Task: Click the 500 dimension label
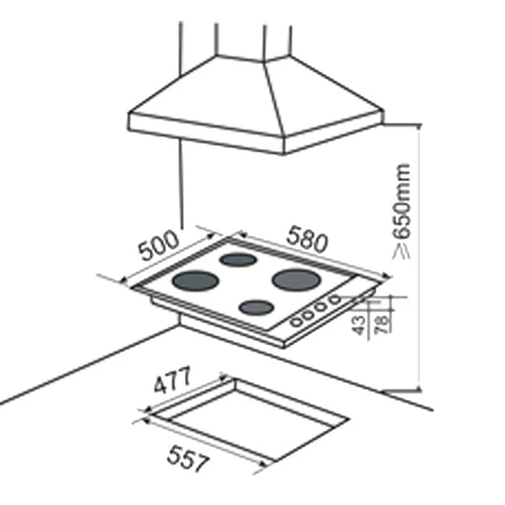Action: pos(158,246)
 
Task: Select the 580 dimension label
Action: pos(307,240)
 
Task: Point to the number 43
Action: pos(359,325)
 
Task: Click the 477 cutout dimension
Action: pos(173,380)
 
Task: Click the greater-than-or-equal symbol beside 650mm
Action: pos(401,251)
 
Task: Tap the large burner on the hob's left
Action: pos(195,281)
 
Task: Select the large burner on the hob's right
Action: pos(296,279)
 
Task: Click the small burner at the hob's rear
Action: pos(238,260)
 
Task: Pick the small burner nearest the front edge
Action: pos(257,307)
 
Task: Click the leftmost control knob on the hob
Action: pos(296,322)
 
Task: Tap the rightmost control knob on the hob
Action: pos(335,300)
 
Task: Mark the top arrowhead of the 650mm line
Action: pos(418,126)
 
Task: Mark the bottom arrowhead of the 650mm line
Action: pos(418,388)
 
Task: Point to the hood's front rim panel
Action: pos(206,133)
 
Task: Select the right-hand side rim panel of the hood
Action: pos(333,132)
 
